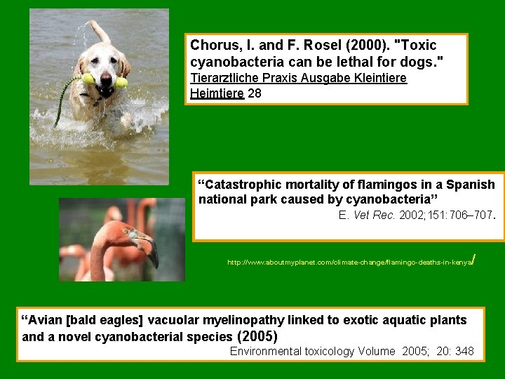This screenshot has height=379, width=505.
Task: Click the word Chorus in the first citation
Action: (x=212, y=45)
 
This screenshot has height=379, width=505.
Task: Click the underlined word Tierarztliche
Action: (x=227, y=78)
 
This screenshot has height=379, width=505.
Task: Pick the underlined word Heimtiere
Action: (x=217, y=93)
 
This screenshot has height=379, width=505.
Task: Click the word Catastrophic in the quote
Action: (x=238, y=185)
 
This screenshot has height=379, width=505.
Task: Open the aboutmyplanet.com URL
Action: (x=351, y=262)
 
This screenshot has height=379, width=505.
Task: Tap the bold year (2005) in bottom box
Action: (x=259, y=336)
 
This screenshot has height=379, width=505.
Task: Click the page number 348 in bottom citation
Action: (x=464, y=351)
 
